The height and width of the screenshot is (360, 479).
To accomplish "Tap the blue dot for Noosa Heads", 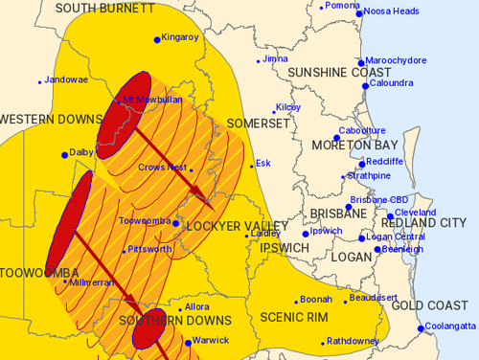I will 359,11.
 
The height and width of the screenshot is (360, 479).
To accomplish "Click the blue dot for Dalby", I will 65,154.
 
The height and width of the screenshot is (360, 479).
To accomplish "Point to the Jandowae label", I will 65,80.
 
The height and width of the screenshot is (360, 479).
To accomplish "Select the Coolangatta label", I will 450,327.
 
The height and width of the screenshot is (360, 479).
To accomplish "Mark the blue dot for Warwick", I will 187,341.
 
